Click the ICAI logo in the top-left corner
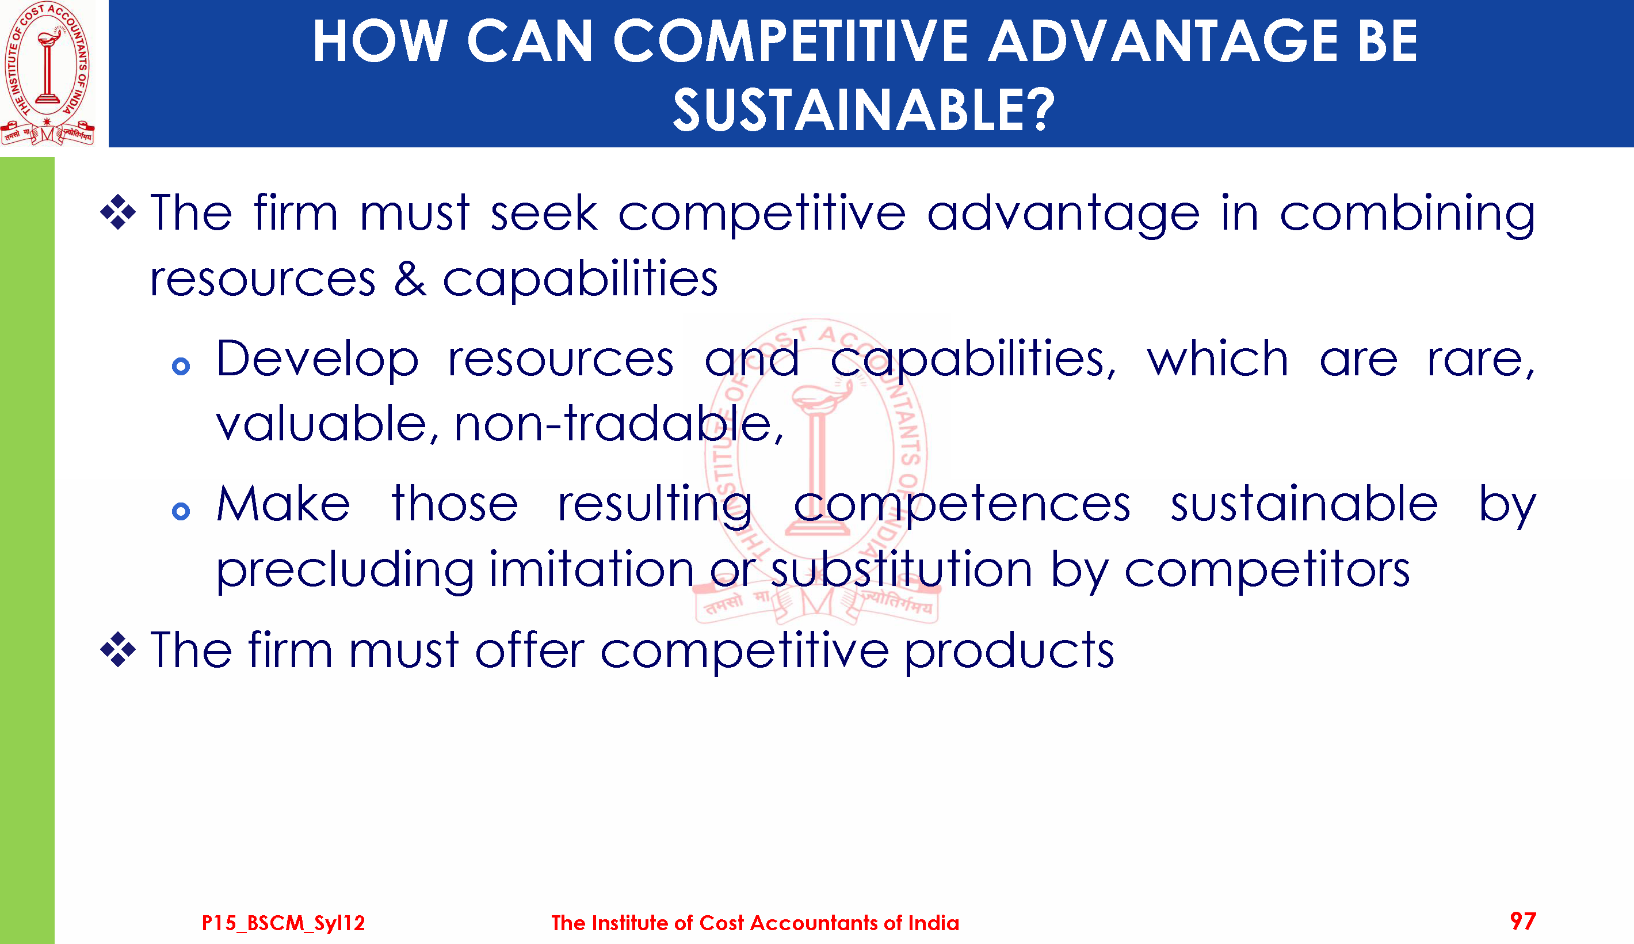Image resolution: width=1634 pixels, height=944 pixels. [x=47, y=73]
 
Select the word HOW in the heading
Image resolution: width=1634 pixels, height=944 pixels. [x=380, y=41]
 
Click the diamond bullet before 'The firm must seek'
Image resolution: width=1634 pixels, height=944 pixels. [x=118, y=212]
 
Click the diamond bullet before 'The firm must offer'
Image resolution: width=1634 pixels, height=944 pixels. [x=118, y=649]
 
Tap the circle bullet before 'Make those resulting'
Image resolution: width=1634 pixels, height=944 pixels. [x=181, y=512]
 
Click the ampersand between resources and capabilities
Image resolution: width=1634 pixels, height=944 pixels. [x=411, y=279]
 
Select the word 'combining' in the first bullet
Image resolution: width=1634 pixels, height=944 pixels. [x=1407, y=214]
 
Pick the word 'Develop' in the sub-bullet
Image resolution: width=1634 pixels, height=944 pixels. [x=318, y=360]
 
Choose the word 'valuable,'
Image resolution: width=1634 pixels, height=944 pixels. [x=328, y=424]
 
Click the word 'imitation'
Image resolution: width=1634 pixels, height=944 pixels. [x=591, y=569]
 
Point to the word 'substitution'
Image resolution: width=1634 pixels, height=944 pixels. [x=901, y=569]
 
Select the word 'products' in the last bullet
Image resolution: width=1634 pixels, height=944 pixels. [x=1009, y=651]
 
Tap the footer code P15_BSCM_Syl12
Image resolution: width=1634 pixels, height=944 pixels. [x=283, y=923]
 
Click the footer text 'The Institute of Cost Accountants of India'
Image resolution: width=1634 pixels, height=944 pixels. [x=755, y=923]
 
